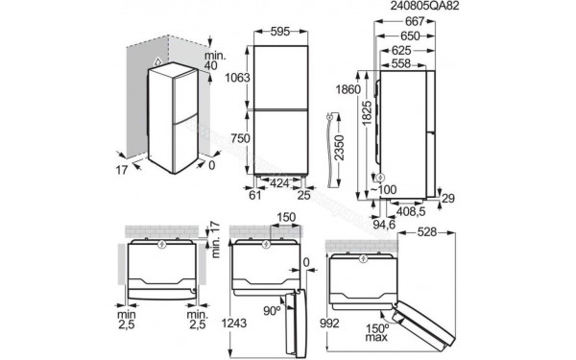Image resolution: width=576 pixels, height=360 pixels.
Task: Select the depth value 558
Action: coord(404,62)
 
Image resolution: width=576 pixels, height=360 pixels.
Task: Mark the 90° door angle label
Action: coord(272,311)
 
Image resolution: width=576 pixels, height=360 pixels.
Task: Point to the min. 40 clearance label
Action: coord(215,60)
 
